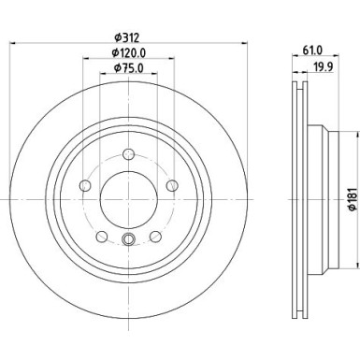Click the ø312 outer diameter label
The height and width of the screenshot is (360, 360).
128,37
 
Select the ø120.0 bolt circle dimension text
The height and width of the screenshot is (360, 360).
129,53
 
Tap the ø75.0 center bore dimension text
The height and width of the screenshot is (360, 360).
128,68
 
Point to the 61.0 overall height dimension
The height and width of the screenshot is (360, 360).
314,52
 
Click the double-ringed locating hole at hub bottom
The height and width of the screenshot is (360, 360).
129,245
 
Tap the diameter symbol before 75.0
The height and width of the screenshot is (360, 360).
115,68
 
